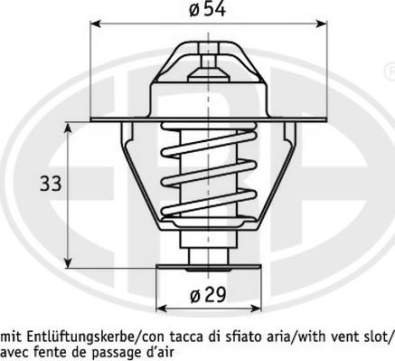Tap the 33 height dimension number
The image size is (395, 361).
tap(51, 185)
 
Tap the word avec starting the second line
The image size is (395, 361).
tap(14, 351)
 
